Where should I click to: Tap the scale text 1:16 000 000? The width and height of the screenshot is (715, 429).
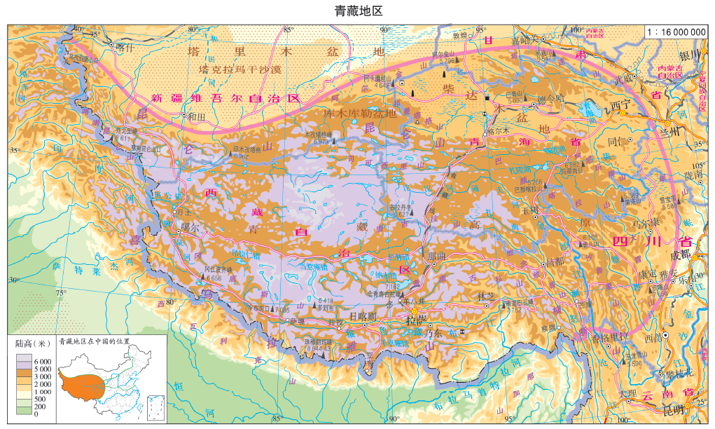[676, 32]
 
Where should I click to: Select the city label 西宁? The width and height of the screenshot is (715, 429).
[620, 105]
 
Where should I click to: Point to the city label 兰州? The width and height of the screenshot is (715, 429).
[670, 131]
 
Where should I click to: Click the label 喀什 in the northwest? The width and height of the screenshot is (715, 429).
[123, 48]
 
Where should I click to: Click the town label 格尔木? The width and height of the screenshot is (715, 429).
[497, 131]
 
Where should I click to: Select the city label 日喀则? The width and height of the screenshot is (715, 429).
[363, 316]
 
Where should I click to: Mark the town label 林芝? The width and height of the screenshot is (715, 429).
[486, 298]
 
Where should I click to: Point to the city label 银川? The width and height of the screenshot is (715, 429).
[690, 55]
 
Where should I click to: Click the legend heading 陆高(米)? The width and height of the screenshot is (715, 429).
[33, 343]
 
